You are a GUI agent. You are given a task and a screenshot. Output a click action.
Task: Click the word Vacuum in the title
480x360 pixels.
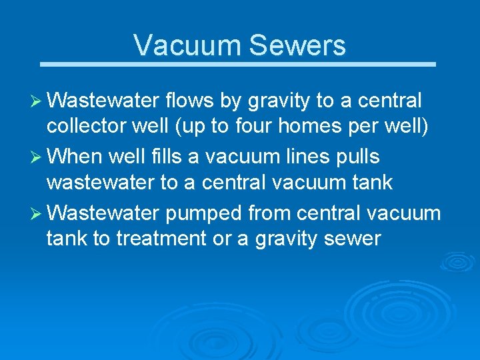pos(187,45)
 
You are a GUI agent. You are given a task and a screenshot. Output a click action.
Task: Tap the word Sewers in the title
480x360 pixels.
pos(297,45)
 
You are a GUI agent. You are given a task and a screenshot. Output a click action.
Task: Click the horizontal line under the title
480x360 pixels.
pos(237,65)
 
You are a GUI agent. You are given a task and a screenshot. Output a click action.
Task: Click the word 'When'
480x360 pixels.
pos(75,157)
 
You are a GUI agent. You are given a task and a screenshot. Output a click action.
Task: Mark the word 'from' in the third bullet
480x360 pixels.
pos(271,213)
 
